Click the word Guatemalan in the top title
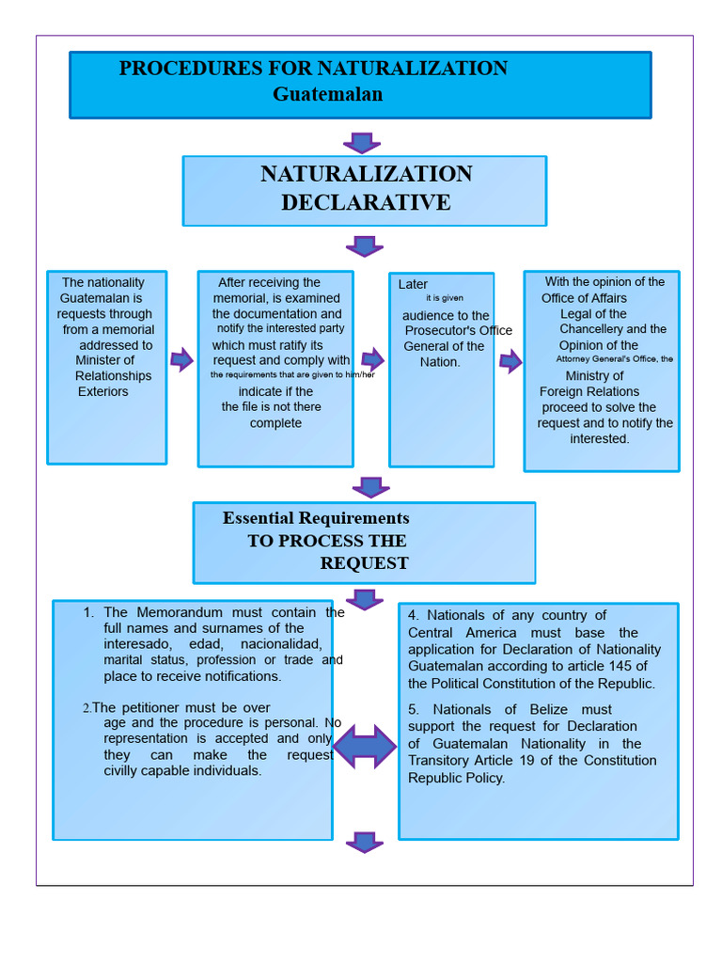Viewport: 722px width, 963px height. click(327, 95)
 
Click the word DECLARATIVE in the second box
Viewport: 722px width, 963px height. click(366, 202)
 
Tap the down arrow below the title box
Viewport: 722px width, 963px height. click(362, 143)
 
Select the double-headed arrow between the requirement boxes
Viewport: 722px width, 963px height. click(365, 747)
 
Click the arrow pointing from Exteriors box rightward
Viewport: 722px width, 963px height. click(181, 359)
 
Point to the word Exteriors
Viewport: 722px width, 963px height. click(103, 392)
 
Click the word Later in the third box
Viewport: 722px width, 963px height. click(413, 284)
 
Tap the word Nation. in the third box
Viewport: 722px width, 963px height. click(440, 362)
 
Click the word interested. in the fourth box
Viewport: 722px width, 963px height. click(600, 439)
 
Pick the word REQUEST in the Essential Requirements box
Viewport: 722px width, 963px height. click(364, 563)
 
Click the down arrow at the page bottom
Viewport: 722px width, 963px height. click(365, 842)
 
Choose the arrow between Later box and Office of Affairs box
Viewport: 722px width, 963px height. click(510, 362)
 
